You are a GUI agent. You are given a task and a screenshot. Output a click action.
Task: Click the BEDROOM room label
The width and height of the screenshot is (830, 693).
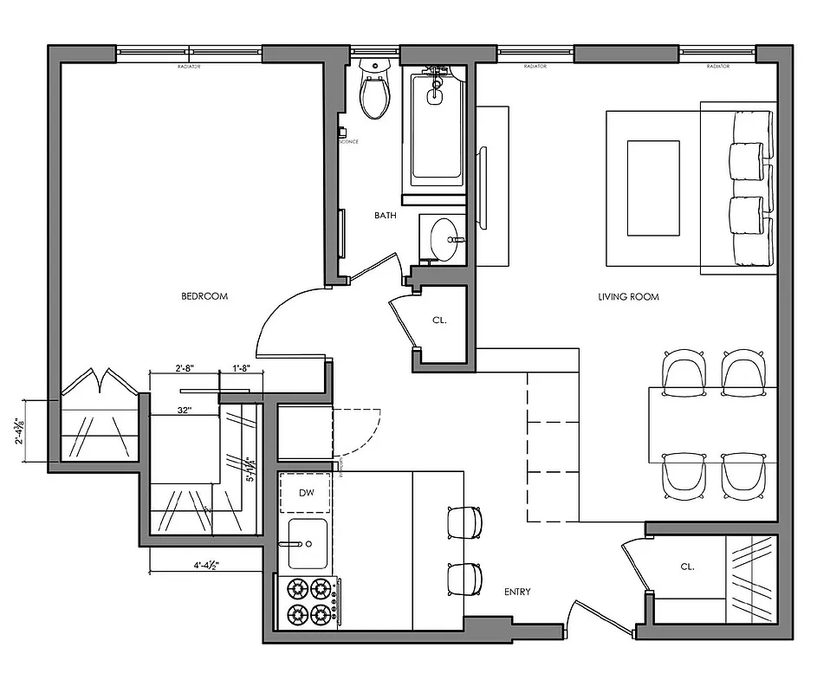pyautogui.click(x=204, y=296)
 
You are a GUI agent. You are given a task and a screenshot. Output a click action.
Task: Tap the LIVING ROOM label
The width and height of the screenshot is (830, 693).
pyautogui.click(x=628, y=297)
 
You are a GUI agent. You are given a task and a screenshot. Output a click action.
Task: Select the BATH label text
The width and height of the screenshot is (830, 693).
pyautogui.click(x=386, y=216)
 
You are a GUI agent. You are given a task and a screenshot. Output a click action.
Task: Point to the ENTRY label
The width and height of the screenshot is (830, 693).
pyautogui.click(x=517, y=593)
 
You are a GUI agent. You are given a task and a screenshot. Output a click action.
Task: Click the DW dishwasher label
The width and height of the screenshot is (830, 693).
pyautogui.click(x=306, y=493)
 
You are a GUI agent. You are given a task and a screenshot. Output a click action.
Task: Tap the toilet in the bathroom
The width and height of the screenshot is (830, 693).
pyautogui.click(x=375, y=90)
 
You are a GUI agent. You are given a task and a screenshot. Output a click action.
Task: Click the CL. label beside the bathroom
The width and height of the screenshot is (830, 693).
pyautogui.click(x=439, y=321)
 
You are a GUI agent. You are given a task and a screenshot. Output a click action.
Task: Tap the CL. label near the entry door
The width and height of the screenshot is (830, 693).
pyautogui.click(x=687, y=567)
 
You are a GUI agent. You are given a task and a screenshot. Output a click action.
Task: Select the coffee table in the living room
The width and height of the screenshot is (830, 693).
pyautogui.click(x=652, y=188)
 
